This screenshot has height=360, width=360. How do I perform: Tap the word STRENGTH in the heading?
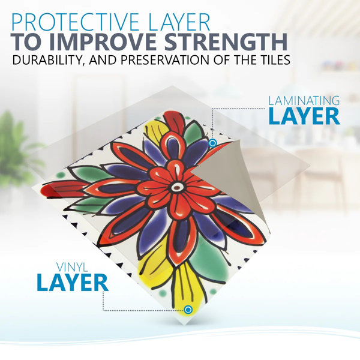point(226,42)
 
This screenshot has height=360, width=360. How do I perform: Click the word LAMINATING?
point(304,101)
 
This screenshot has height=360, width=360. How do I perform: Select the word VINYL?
point(72,267)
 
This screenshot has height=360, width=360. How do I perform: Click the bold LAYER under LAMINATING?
point(304,116)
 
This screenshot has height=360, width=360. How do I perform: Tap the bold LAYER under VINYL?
point(73,283)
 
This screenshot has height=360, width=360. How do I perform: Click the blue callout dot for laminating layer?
point(212,143)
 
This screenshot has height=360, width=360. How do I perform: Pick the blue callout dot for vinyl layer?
point(188,310)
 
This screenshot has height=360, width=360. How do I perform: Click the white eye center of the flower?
point(176,188)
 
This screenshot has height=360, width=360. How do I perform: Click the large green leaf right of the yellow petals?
point(208,257)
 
